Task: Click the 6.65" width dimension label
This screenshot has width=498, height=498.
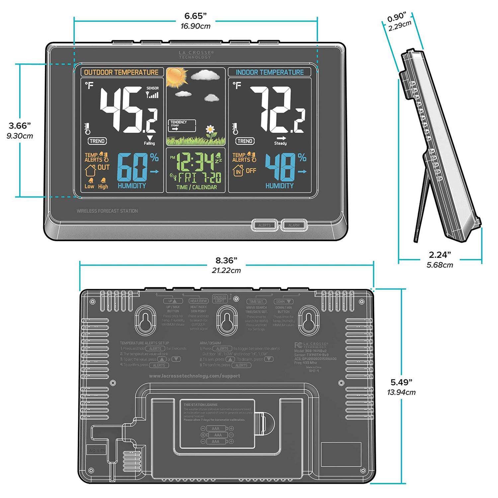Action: [196, 16]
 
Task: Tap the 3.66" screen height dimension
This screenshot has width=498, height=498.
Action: [20, 126]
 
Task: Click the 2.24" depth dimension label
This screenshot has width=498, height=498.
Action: [440, 255]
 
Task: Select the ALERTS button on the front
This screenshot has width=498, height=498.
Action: [265, 225]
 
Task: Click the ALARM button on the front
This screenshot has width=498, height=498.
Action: [294, 225]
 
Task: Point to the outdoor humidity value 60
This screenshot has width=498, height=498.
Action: [132, 167]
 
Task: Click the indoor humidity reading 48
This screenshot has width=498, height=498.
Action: [280, 167]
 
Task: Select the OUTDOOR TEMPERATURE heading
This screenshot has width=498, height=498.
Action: [121, 72]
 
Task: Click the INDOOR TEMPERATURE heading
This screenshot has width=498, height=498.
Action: [270, 72]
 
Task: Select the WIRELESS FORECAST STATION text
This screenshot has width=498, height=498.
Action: [107, 211]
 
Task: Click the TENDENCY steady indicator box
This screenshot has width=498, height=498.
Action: [182, 126]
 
